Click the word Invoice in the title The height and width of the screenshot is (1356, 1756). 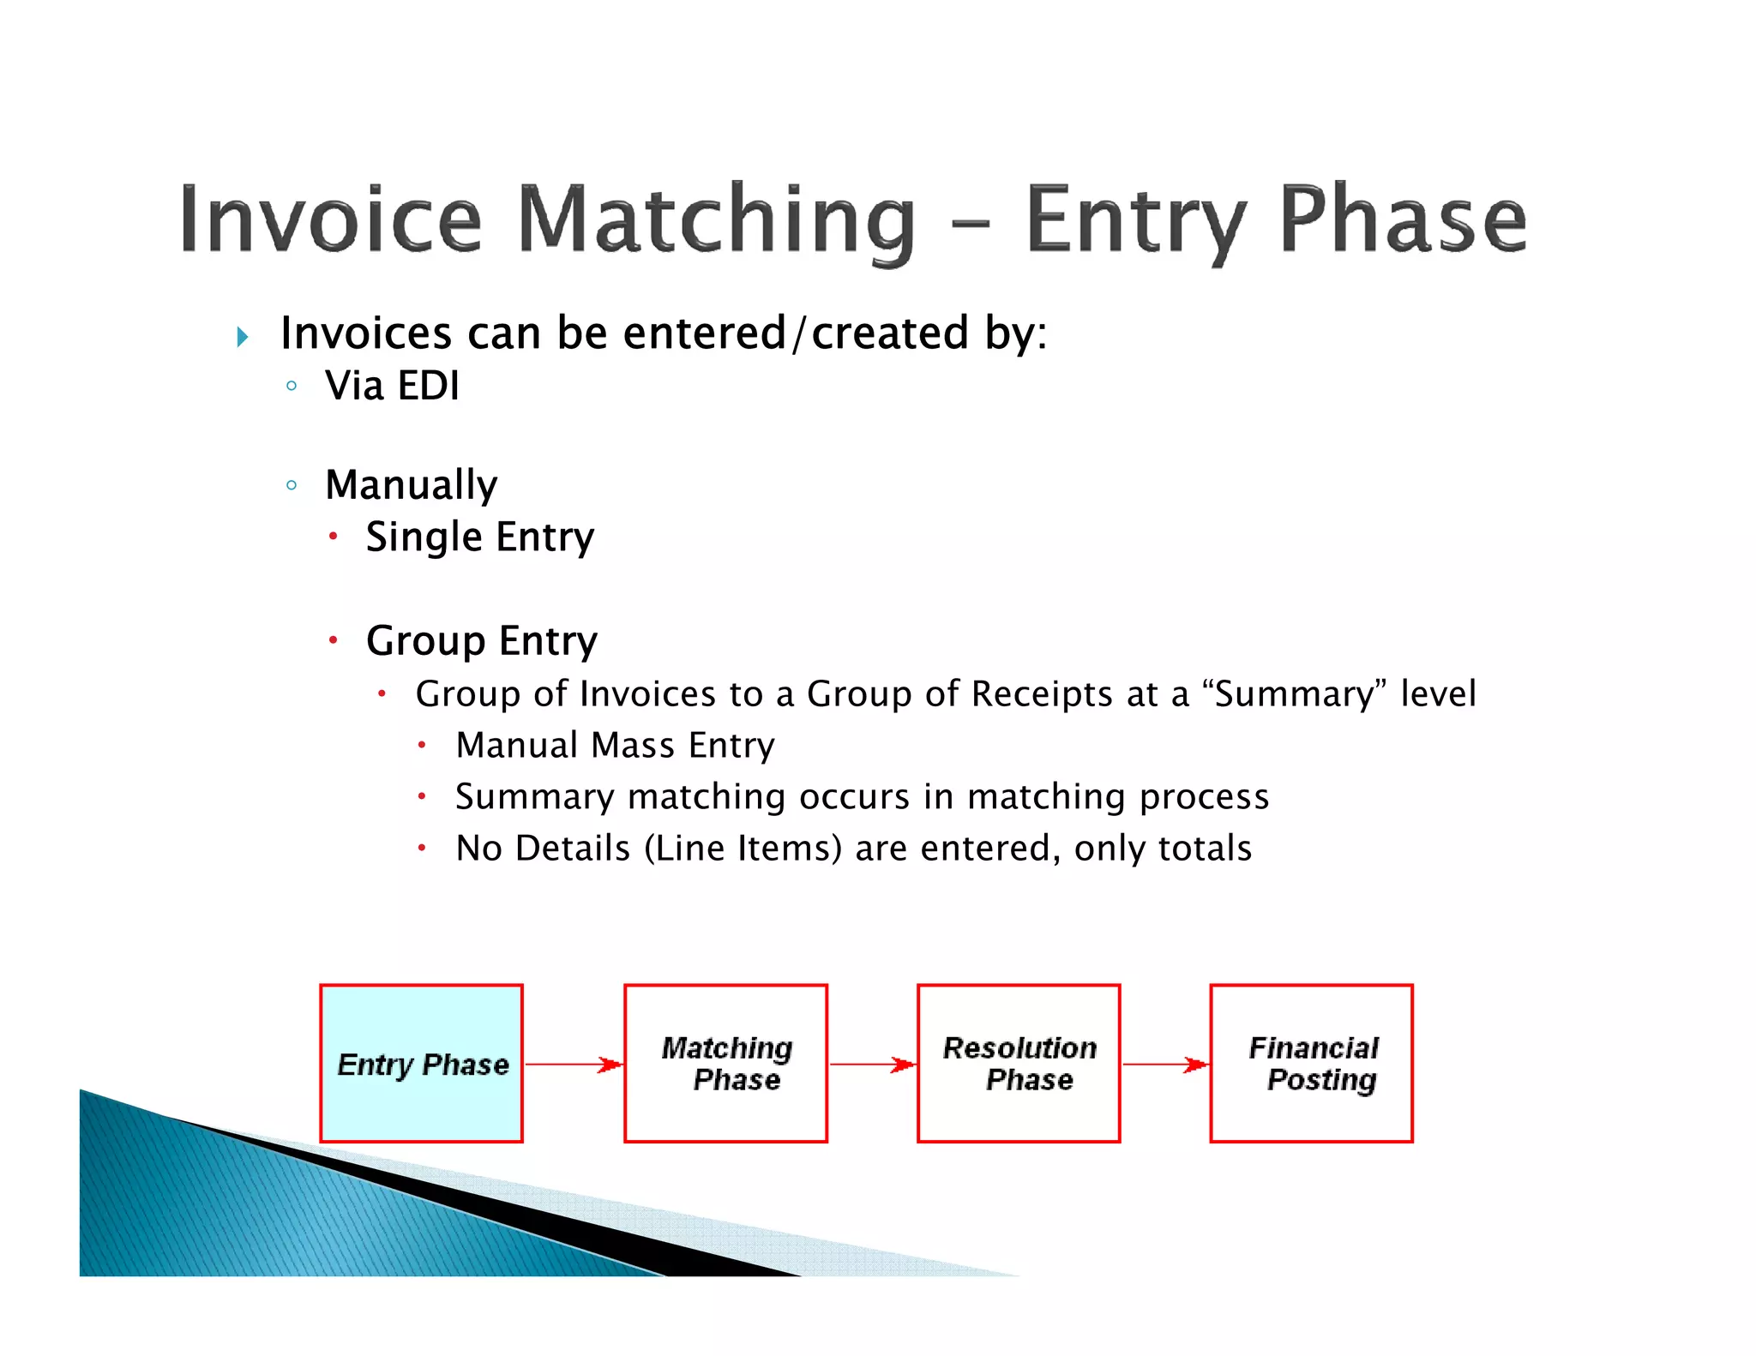(x=330, y=219)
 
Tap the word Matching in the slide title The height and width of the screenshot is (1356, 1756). (x=716, y=219)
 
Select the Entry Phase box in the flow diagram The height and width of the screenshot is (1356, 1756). (x=421, y=1063)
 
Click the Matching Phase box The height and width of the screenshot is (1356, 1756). (x=725, y=1063)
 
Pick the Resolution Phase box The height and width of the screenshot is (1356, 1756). (x=1019, y=1063)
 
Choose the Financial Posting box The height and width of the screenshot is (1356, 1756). (x=1311, y=1063)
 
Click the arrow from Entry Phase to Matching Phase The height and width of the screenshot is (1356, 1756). (x=573, y=1065)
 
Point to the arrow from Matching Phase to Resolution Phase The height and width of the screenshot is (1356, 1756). (x=872, y=1065)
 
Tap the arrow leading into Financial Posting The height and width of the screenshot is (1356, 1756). (x=1164, y=1065)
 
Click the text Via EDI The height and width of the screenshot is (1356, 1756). (x=392, y=386)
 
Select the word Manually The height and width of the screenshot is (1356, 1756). (x=411, y=485)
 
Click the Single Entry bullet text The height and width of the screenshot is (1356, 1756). (x=479, y=537)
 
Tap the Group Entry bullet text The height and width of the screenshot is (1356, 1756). (x=481, y=641)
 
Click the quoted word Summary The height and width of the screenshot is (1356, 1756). (x=1295, y=693)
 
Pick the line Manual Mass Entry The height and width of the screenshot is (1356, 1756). (x=615, y=745)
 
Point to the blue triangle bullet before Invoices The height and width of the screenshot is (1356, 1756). (x=243, y=336)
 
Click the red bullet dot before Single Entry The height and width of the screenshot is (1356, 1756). (x=333, y=537)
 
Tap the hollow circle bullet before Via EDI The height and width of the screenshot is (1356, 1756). (x=292, y=386)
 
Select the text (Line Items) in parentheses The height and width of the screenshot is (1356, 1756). (x=743, y=849)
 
